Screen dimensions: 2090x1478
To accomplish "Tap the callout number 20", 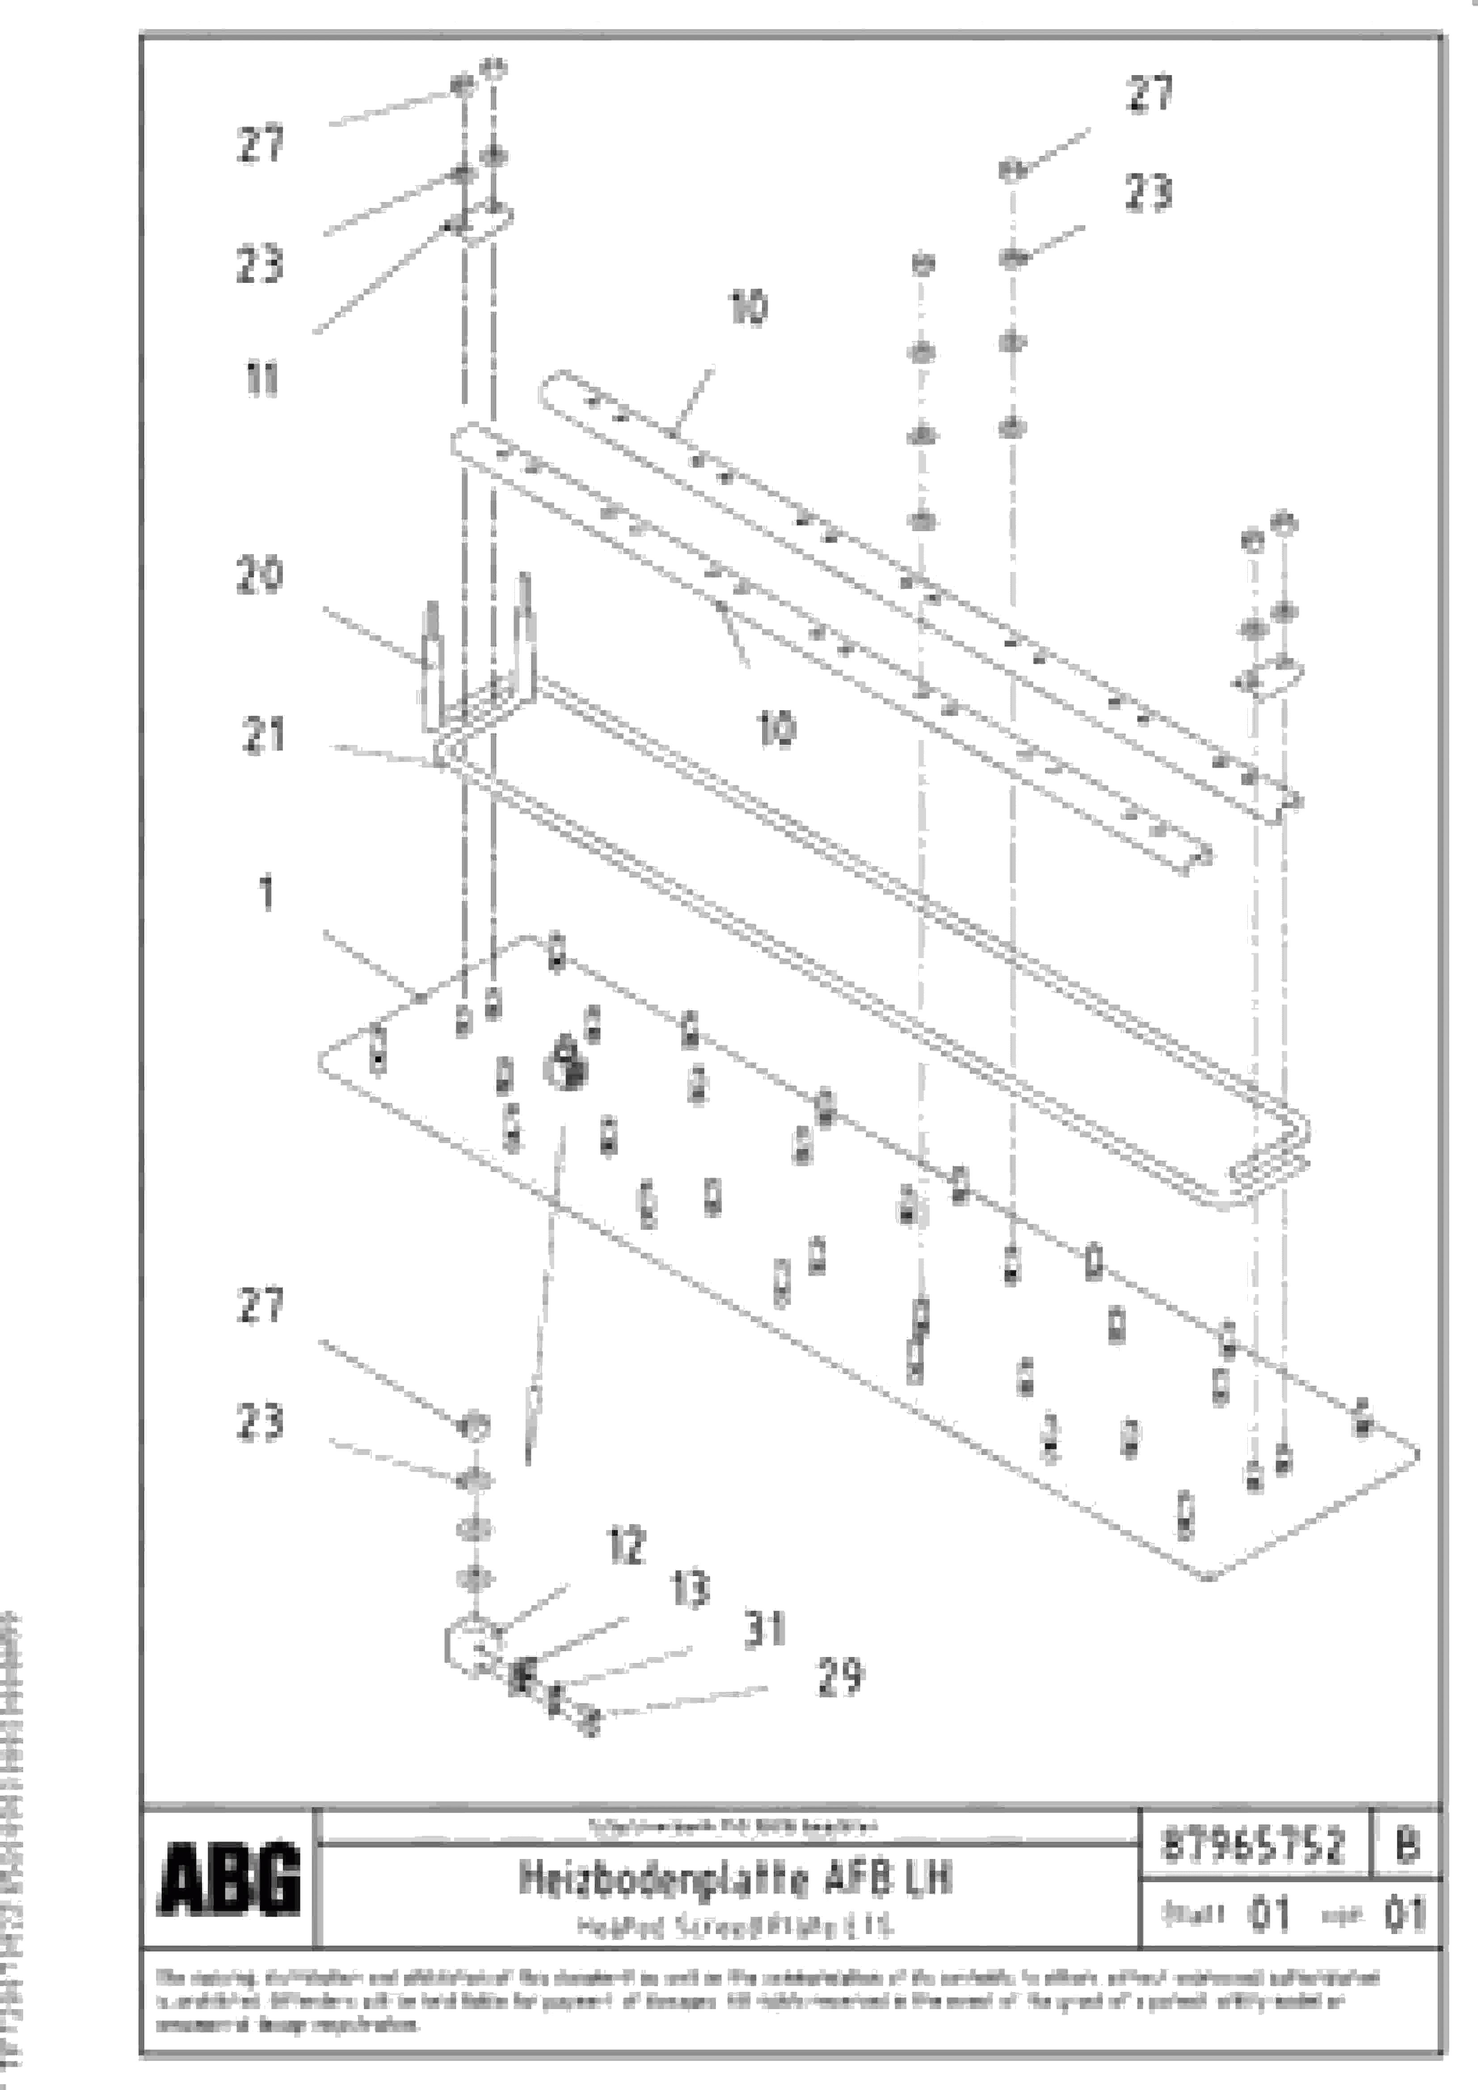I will [x=260, y=575].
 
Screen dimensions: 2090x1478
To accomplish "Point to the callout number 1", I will [x=266, y=894].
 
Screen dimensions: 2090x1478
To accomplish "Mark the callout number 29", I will [x=840, y=1676].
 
